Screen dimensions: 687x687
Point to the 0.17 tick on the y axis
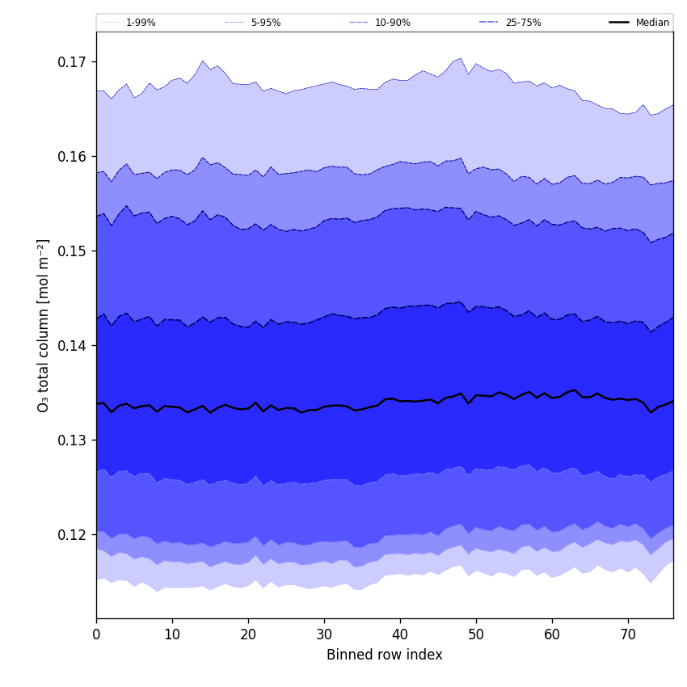(72, 62)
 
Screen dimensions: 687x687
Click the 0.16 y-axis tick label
(72, 157)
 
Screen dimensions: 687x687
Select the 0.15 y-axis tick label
(72, 251)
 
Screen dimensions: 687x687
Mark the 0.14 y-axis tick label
(72, 346)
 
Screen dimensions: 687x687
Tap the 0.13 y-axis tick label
(72, 440)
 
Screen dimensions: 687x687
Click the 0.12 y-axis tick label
(72, 535)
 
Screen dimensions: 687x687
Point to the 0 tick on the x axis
(96, 634)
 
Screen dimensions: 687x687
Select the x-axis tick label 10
(172, 634)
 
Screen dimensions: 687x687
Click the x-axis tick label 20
(248, 634)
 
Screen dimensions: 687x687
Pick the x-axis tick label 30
(324, 634)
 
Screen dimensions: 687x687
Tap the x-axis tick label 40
(400, 634)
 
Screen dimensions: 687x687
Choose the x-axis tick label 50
(476, 634)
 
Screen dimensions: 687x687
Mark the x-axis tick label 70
(628, 634)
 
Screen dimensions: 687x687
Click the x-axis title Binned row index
(385, 655)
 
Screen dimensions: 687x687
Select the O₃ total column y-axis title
(44, 325)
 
